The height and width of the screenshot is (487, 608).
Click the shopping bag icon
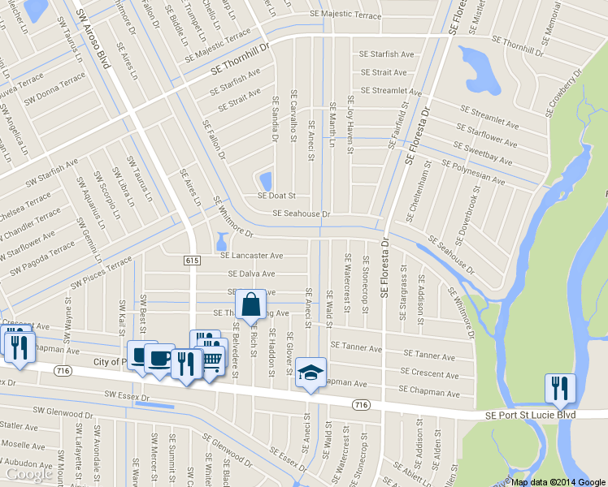(x=251, y=306)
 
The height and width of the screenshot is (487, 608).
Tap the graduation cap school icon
(x=311, y=372)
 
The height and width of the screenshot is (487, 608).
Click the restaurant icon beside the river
(x=560, y=387)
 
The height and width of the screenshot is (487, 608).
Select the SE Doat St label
(x=276, y=196)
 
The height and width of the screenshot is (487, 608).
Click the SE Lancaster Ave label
(x=251, y=255)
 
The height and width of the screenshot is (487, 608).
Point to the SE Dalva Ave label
(x=251, y=274)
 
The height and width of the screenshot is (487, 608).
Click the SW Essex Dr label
(x=128, y=397)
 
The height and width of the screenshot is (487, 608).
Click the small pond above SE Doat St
(x=264, y=179)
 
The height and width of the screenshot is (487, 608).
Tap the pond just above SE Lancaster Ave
(x=221, y=242)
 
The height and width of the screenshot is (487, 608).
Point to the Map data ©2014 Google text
(x=558, y=481)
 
